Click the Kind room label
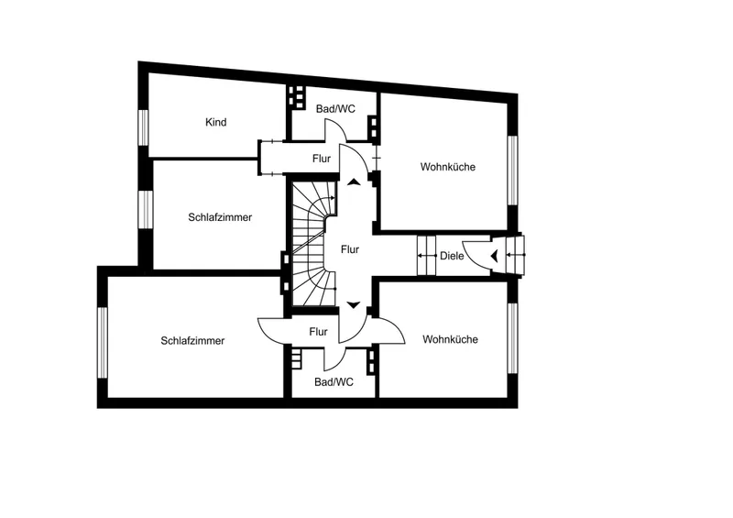pyautogui.click(x=216, y=122)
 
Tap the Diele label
pyautogui.click(x=452, y=256)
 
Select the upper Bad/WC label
pyautogui.click(x=335, y=109)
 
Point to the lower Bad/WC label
pyautogui.click(x=334, y=382)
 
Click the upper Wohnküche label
pyautogui.click(x=448, y=167)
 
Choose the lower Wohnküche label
pyautogui.click(x=450, y=339)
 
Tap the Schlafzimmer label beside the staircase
pyautogui.click(x=220, y=217)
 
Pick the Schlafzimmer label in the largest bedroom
pyautogui.click(x=192, y=341)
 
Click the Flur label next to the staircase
pyautogui.click(x=350, y=249)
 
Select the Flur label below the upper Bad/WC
pyautogui.click(x=322, y=159)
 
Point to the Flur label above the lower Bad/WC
pyautogui.click(x=318, y=332)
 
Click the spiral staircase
pyautogui.click(x=313, y=243)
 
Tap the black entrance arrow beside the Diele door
pyautogui.click(x=494, y=256)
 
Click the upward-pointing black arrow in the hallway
pyautogui.click(x=354, y=182)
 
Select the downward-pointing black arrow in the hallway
pyautogui.click(x=354, y=305)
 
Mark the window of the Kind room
pyautogui.click(x=144, y=127)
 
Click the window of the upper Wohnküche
pyautogui.click(x=513, y=171)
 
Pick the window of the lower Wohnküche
pyautogui.click(x=513, y=338)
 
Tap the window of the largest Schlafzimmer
pyautogui.click(x=103, y=343)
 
